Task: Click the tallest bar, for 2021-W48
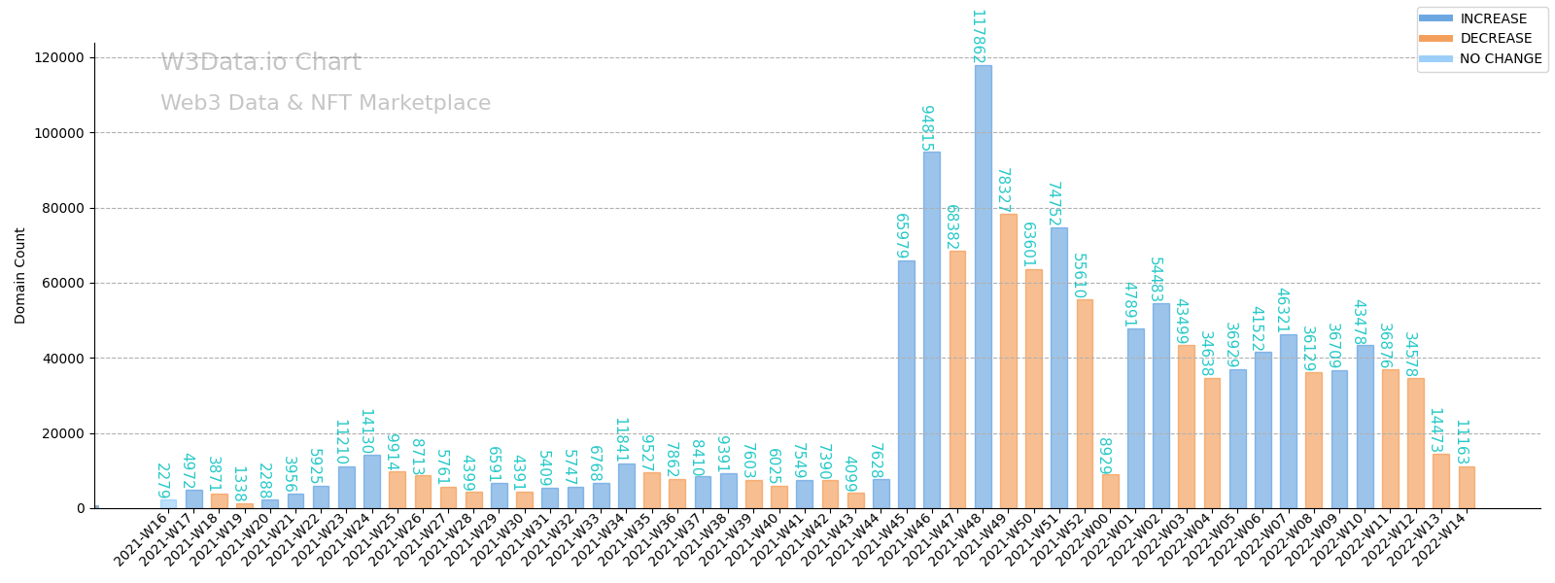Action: tap(983, 287)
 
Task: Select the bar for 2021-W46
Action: tap(932, 330)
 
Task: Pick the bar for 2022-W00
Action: tap(1110, 492)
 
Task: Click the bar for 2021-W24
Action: tap(372, 482)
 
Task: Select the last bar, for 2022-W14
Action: tap(1467, 488)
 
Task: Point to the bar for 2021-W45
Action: tap(907, 385)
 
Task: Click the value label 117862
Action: tap(978, 37)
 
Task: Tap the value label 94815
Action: tap(927, 128)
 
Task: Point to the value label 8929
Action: tap(1105, 456)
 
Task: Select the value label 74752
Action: tap(1054, 204)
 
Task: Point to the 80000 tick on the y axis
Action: tap(59, 208)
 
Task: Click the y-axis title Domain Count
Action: tap(20, 275)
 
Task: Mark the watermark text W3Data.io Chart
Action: tap(260, 63)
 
